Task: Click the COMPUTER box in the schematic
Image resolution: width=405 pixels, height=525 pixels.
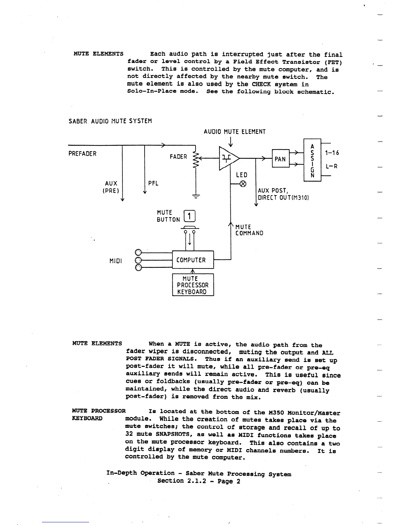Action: pyautogui.click(x=193, y=260)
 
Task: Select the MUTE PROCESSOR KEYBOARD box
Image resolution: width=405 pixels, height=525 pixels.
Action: pyautogui.click(x=193, y=285)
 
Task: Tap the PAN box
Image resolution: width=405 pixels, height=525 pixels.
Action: pyautogui.click(x=280, y=159)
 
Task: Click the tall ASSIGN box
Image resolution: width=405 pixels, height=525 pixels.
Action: pyautogui.click(x=312, y=160)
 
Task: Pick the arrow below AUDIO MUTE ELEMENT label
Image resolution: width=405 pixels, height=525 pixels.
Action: pyautogui.click(x=231, y=142)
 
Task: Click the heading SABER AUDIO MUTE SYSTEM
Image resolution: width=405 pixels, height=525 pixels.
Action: pyautogui.click(x=110, y=121)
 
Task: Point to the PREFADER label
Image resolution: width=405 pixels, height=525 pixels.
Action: pyautogui.click(x=82, y=154)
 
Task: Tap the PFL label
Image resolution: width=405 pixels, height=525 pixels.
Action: pyautogui.click(x=153, y=183)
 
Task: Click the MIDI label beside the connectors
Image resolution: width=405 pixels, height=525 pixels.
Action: pyautogui.click(x=115, y=261)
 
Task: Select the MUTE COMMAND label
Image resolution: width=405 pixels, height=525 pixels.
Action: pyautogui.click(x=249, y=230)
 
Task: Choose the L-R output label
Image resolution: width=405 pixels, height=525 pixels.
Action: pyautogui.click(x=332, y=166)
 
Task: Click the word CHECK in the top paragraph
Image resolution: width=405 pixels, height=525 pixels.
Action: pyautogui.click(x=261, y=85)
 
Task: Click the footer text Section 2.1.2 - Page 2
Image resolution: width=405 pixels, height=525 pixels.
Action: pyautogui.click(x=199, y=481)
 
